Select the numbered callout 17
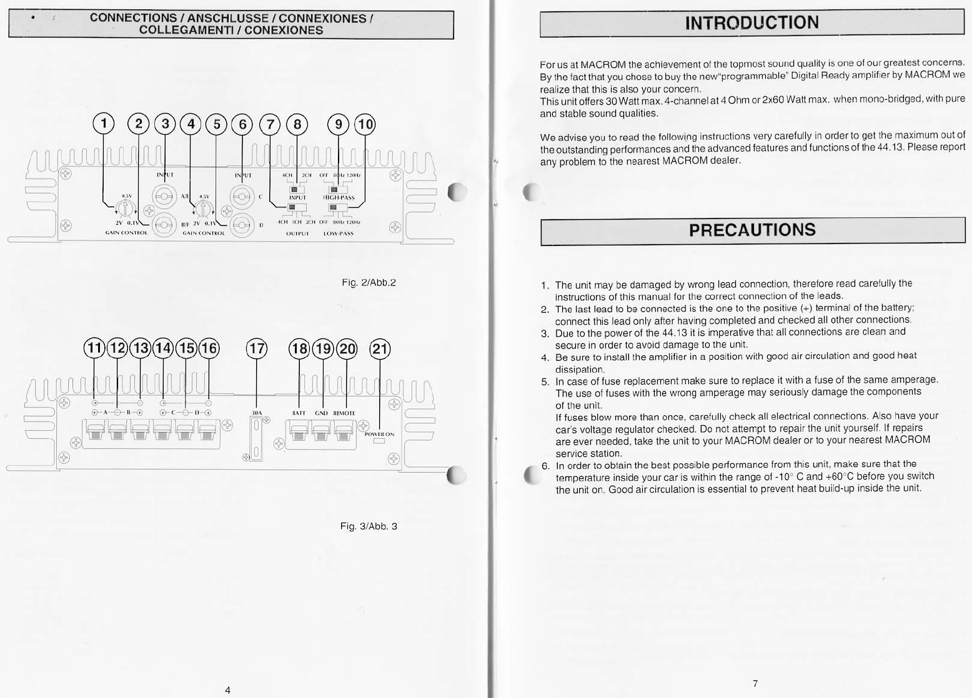[256, 349]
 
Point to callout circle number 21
[380, 349]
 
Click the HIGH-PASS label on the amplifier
[339, 198]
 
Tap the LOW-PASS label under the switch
[339, 233]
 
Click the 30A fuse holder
[255, 441]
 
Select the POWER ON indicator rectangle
[379, 442]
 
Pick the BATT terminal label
[299, 413]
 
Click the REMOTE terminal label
[344, 413]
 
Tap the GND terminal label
[322, 413]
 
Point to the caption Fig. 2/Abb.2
[369, 283]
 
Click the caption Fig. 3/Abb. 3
[369, 526]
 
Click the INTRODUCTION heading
[751, 23]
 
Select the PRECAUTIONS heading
[752, 230]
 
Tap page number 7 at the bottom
[755, 684]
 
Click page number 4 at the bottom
[228, 690]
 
